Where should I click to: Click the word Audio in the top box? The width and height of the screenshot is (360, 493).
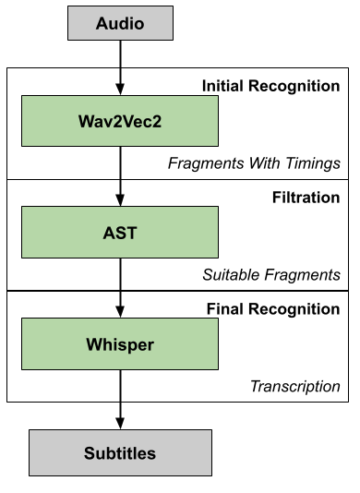(x=120, y=24)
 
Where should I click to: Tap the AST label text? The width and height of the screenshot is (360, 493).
(x=120, y=233)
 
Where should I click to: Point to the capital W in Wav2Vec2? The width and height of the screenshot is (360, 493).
(x=86, y=121)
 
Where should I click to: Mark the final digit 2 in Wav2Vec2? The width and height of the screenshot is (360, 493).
(x=157, y=121)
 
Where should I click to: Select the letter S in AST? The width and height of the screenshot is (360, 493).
(x=120, y=233)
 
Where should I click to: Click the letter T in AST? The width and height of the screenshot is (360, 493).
(x=131, y=233)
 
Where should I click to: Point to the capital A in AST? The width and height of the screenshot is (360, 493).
(x=109, y=233)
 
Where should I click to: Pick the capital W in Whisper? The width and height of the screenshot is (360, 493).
(x=93, y=344)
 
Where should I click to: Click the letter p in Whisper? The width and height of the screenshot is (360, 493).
(x=131, y=346)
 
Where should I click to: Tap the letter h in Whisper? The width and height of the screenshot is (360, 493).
(x=105, y=344)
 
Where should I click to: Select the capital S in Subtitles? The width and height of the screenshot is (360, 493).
(x=90, y=453)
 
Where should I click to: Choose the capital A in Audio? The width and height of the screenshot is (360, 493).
(x=102, y=24)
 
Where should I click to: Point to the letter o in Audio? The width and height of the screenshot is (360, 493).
(x=138, y=24)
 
